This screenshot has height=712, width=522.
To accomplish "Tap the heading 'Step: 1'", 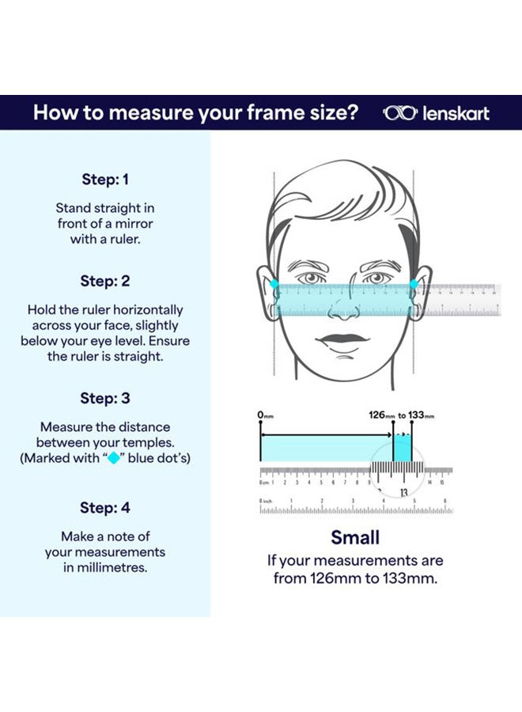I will (105, 180).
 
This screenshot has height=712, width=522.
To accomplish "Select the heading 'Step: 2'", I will (105, 281).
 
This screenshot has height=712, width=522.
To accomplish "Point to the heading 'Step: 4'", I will (105, 507).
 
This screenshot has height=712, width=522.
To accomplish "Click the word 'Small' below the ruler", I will (355, 538).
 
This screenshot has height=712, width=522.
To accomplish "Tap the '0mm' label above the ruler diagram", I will (265, 415).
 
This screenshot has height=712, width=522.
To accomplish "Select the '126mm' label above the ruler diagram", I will (381, 415).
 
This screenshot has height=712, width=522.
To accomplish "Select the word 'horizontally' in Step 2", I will (146, 310).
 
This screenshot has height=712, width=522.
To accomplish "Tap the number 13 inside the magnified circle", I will (404, 492).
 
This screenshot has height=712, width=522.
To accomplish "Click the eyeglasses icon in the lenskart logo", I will (399, 113).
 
